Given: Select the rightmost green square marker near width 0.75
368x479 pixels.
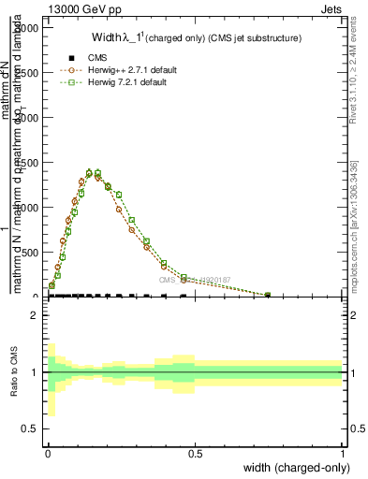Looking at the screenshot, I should tap(268, 295).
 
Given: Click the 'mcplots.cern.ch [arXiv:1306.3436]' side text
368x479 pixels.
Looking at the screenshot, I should tap(354, 225).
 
